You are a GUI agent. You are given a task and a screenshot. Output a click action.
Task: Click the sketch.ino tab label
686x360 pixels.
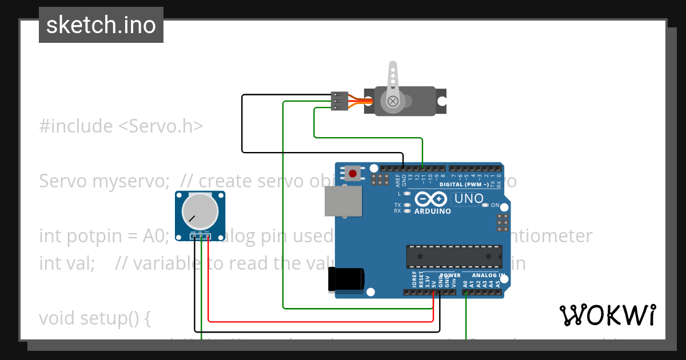tap(101, 25)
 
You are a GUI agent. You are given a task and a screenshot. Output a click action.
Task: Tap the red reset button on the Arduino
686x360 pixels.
tap(353, 173)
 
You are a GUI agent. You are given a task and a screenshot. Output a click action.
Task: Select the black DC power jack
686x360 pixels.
tap(346, 280)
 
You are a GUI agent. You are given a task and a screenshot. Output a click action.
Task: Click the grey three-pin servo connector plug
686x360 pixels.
tap(340, 101)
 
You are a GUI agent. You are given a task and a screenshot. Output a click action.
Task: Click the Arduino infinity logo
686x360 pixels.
tap(430, 199)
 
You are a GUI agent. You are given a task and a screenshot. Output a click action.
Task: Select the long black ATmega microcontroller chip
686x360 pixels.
tap(454, 257)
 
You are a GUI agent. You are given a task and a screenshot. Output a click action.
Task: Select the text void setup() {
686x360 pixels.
tap(94, 318)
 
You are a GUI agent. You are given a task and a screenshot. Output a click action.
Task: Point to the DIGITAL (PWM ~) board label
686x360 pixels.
tap(464, 185)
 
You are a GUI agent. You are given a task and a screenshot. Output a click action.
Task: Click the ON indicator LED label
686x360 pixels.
tap(495, 205)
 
